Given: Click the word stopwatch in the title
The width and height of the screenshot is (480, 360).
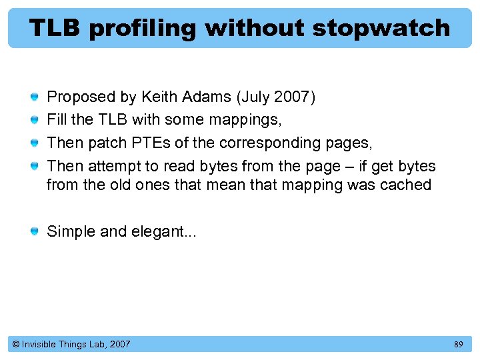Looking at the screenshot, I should [381, 28].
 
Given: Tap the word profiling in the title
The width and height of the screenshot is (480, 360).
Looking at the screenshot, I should [142, 28].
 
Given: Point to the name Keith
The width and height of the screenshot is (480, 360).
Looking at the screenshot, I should [158, 97].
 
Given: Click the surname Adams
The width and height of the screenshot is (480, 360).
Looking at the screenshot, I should [204, 97].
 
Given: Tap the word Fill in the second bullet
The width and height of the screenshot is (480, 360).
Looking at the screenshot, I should [55, 120].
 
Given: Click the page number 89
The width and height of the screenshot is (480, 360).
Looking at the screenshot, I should [458, 345].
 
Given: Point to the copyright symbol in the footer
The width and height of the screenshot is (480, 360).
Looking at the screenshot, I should [15, 345].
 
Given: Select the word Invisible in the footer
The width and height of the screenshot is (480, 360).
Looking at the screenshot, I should [39, 345].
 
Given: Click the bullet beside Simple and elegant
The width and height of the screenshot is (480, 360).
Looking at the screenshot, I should [34, 232].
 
